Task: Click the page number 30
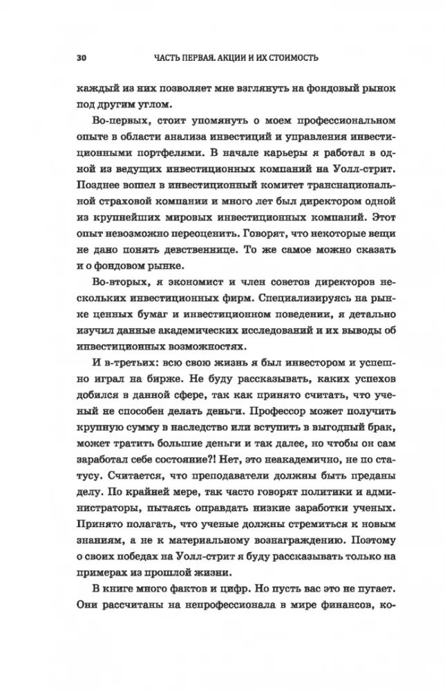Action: pos(72,58)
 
